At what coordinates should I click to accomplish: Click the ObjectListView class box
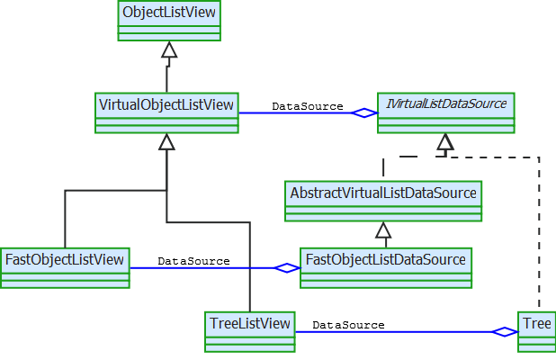tap(169, 21)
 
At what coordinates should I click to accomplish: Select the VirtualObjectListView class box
tap(166, 112)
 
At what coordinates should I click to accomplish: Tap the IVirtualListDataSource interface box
tap(445, 112)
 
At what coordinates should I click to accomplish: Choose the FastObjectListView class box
tap(65, 267)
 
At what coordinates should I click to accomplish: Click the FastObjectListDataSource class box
tap(386, 267)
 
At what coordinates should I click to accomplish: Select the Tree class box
tap(537, 330)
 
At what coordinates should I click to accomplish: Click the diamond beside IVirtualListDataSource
tap(364, 113)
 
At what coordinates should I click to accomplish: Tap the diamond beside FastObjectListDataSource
tap(287, 268)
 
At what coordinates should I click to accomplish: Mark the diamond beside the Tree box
tap(506, 332)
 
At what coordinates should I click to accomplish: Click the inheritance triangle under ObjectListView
tap(169, 50)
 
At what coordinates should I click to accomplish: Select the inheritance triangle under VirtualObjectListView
tap(166, 141)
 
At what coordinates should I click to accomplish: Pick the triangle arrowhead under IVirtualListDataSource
tap(444, 141)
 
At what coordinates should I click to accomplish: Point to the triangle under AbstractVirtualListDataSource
tap(382, 229)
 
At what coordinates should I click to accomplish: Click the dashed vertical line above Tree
tap(540, 234)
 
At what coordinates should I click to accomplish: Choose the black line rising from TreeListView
tap(249, 270)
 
